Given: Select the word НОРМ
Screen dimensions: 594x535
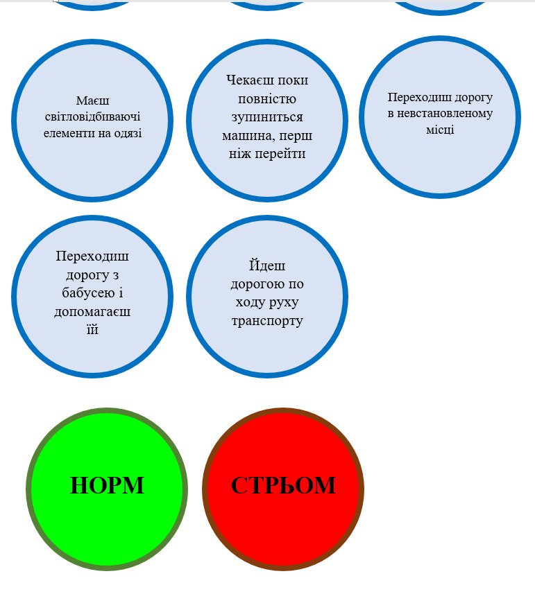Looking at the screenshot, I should click(107, 486).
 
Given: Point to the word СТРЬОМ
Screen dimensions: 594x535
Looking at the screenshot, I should click(283, 486).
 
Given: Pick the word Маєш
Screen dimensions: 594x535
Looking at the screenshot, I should click(93, 101).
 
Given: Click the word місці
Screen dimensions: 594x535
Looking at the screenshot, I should click(440, 130).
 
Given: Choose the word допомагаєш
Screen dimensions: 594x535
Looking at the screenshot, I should click(92, 311).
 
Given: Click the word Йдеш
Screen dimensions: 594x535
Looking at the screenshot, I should click(267, 266).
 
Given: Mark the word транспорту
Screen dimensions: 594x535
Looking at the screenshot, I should click(267, 321).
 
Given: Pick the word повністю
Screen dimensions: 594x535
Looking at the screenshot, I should click(267, 98).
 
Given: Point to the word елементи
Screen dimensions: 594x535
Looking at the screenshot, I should click(62, 132).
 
